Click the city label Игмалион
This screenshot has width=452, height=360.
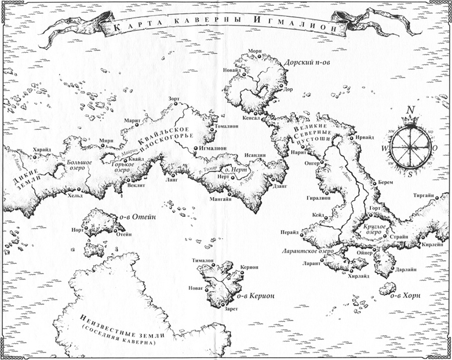(x=212, y=148)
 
